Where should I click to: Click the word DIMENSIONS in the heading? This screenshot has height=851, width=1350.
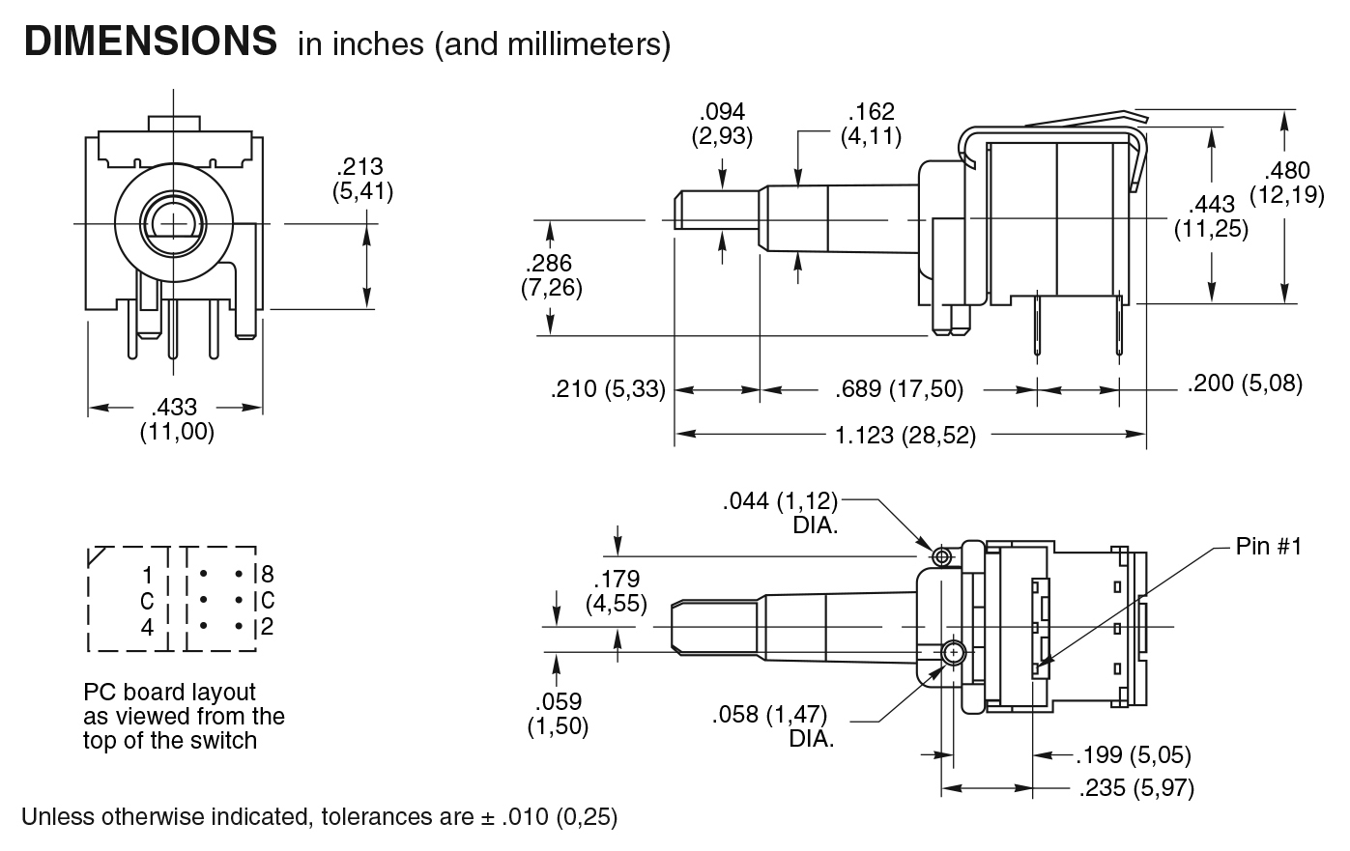(150, 42)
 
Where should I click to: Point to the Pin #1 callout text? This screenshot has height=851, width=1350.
(1269, 547)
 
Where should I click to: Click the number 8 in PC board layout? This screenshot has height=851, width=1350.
(267, 576)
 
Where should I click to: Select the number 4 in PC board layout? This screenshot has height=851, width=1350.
(147, 627)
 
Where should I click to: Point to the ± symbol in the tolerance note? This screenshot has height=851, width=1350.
(487, 817)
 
